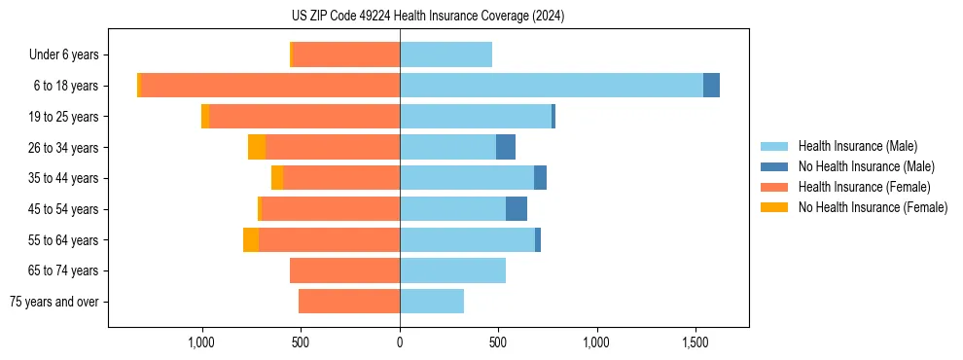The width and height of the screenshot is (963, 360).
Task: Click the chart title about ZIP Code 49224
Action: pyautogui.click(x=427, y=17)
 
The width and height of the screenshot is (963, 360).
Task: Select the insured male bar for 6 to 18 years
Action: pyautogui.click(x=551, y=86)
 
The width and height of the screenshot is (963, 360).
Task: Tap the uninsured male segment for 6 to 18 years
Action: pyautogui.click(x=711, y=86)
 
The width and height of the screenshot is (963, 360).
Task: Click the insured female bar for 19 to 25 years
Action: pyautogui.click(x=303, y=117)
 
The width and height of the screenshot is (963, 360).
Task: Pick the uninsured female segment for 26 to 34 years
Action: pyautogui.click(x=257, y=147)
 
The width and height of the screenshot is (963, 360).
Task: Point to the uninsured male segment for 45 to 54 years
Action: pyautogui.click(x=517, y=209)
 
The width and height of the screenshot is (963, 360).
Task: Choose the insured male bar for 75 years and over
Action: pyautogui.click(x=431, y=302)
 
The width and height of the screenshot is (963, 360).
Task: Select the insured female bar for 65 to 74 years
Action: pyautogui.click(x=344, y=270)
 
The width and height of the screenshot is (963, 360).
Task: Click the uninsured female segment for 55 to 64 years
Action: pyautogui.click(x=251, y=239)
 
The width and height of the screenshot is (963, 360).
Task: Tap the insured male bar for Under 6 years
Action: pyautogui.click(x=446, y=54)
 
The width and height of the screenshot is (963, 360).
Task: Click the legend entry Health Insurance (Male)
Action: pyautogui.click(x=857, y=146)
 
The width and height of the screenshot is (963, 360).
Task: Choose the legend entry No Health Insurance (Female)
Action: pyautogui.click(x=873, y=207)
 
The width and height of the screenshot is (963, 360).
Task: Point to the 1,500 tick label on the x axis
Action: pyautogui.click(x=695, y=342)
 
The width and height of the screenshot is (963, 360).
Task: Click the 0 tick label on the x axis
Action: pyautogui.click(x=400, y=342)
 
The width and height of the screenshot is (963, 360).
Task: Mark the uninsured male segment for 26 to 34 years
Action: pyautogui.click(x=506, y=147)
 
